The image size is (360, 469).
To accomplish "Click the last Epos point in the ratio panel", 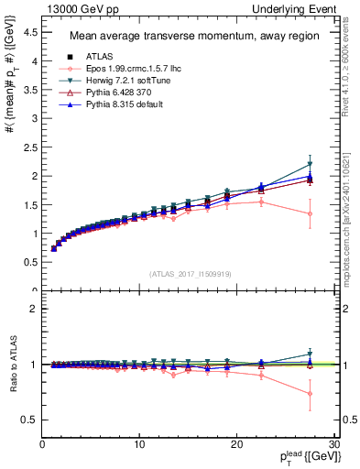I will click(x=310, y=394).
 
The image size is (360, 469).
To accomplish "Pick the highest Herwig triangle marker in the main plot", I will click(x=310, y=165).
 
